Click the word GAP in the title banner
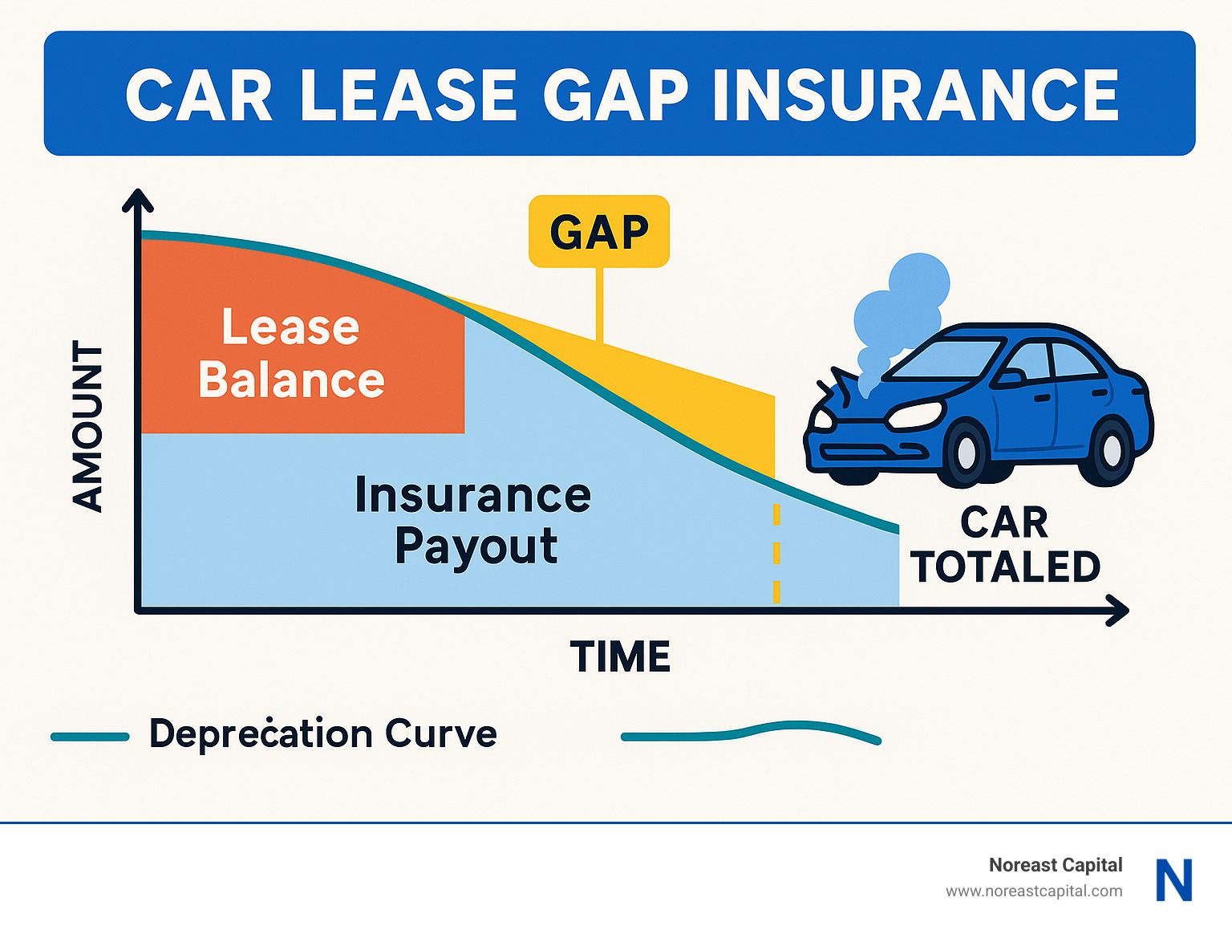(615, 94)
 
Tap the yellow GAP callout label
(599, 231)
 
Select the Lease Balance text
(290, 352)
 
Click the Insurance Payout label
(473, 519)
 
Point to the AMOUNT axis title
(87, 426)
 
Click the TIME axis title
(620, 656)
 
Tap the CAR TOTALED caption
(1005, 544)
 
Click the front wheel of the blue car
(965, 453)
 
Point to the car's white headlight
(916, 414)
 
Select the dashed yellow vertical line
(776, 554)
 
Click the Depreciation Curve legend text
(322, 734)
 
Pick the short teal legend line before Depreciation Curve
(90, 737)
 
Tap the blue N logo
(1173, 880)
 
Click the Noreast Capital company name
(1056, 865)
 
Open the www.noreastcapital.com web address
(1034, 891)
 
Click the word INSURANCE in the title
(916, 94)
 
